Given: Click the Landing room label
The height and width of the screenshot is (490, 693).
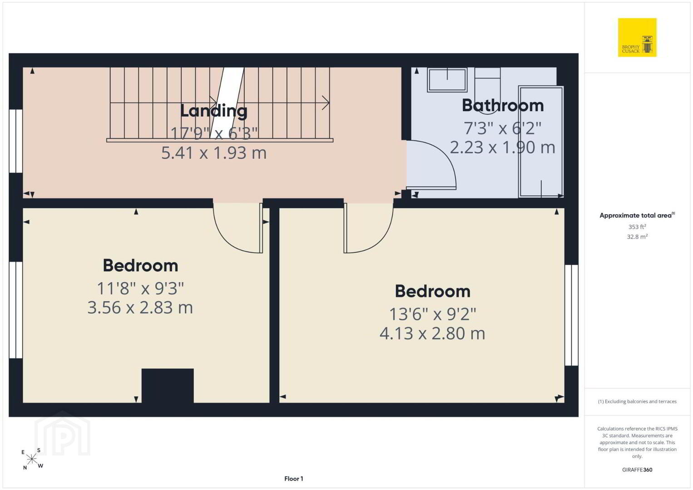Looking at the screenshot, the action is click(214, 111).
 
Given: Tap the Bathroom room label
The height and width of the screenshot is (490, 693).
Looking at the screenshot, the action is click(503, 105).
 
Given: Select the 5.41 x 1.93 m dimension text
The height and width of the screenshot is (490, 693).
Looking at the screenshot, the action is click(214, 153).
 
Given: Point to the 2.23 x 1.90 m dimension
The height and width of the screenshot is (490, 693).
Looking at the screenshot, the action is click(502, 147).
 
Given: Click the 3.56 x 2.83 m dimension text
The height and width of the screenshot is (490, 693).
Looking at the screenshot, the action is click(140, 307).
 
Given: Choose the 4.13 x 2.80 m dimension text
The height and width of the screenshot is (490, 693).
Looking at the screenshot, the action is click(432, 333).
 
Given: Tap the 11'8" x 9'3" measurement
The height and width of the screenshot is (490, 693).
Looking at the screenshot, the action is click(140, 288).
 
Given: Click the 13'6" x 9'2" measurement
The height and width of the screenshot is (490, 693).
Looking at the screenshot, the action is click(432, 314).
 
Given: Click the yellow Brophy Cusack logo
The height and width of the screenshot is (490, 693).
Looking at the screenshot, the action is click(637, 37).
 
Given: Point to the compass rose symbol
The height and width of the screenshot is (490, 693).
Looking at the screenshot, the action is click(32, 459).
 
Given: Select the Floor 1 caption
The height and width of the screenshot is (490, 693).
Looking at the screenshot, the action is click(294, 479).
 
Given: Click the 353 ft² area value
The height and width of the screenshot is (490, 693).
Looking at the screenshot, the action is click(637, 226).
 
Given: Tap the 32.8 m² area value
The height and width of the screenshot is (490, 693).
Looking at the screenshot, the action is click(637, 237).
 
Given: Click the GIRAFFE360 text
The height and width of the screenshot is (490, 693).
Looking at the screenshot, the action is click(637, 470).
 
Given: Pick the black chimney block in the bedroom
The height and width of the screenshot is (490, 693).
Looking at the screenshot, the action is click(168, 386).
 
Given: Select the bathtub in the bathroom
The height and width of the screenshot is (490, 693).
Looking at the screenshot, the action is click(541, 142).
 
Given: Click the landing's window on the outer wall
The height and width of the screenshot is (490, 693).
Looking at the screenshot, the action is click(16, 141).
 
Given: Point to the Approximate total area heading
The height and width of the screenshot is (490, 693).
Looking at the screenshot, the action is click(637, 215).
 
